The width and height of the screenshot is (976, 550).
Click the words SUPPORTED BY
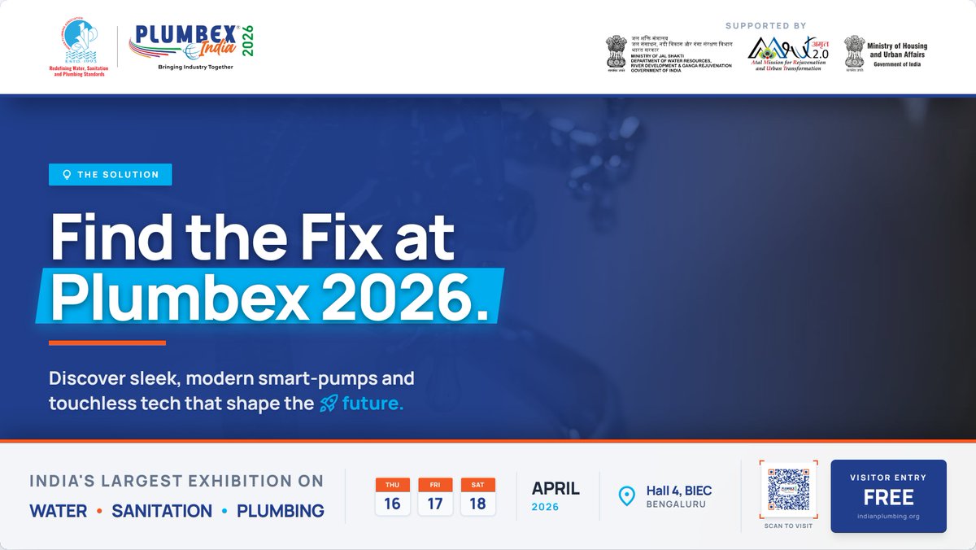(766, 26)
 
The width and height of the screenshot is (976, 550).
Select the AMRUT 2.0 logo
(785, 54)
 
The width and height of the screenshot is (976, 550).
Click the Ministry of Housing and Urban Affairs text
(897, 51)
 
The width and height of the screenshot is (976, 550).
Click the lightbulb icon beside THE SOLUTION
(67, 175)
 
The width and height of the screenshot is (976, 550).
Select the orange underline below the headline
(107, 343)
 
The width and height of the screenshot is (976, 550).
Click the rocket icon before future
(328, 404)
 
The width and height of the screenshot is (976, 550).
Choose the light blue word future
(373, 404)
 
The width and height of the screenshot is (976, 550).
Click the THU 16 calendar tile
(392, 496)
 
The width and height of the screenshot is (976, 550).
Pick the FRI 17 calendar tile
(435, 496)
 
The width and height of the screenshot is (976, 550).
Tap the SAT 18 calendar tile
(477, 496)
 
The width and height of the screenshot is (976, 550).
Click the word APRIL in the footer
(556, 489)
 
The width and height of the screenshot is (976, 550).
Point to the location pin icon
(626, 495)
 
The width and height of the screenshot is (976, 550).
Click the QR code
(788, 491)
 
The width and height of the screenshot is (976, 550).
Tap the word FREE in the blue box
(888, 497)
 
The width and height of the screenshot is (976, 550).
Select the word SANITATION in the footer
(162, 512)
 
